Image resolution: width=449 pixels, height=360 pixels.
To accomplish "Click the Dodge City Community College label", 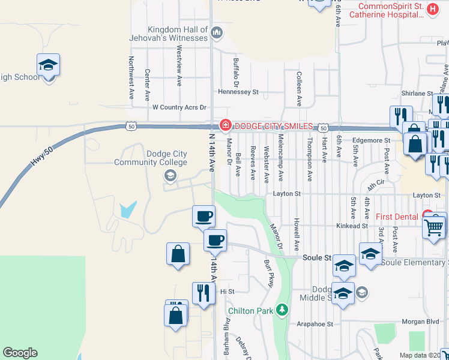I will [x=142, y=158].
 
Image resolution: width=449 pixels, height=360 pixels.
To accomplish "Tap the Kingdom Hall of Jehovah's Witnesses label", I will [x=178, y=33].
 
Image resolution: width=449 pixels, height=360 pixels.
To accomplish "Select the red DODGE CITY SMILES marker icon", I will [x=225, y=125].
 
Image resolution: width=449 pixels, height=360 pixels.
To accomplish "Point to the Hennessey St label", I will [x=238, y=92].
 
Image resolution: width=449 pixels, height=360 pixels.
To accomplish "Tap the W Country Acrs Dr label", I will [x=179, y=107].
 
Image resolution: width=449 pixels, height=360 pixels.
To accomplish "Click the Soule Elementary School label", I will [x=414, y=263].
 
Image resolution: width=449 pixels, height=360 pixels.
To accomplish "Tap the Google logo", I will [x=20, y=353].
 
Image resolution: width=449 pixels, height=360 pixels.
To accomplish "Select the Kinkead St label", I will [x=352, y=226].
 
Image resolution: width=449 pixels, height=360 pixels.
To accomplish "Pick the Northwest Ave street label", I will [x=131, y=78].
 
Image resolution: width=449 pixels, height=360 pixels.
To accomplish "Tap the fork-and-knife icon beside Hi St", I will [x=203, y=293].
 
